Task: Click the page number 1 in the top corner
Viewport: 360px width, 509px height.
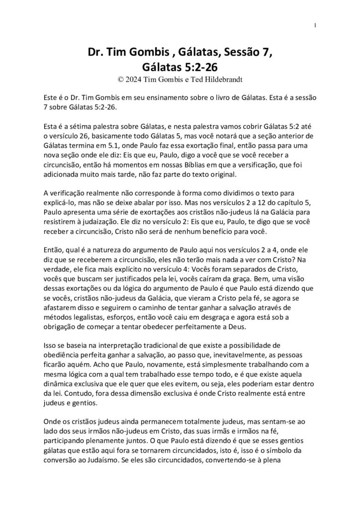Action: (x=316, y=25)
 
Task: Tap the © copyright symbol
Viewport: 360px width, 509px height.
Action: (x=118, y=79)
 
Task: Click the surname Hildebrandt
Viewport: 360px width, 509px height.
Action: (x=218, y=79)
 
